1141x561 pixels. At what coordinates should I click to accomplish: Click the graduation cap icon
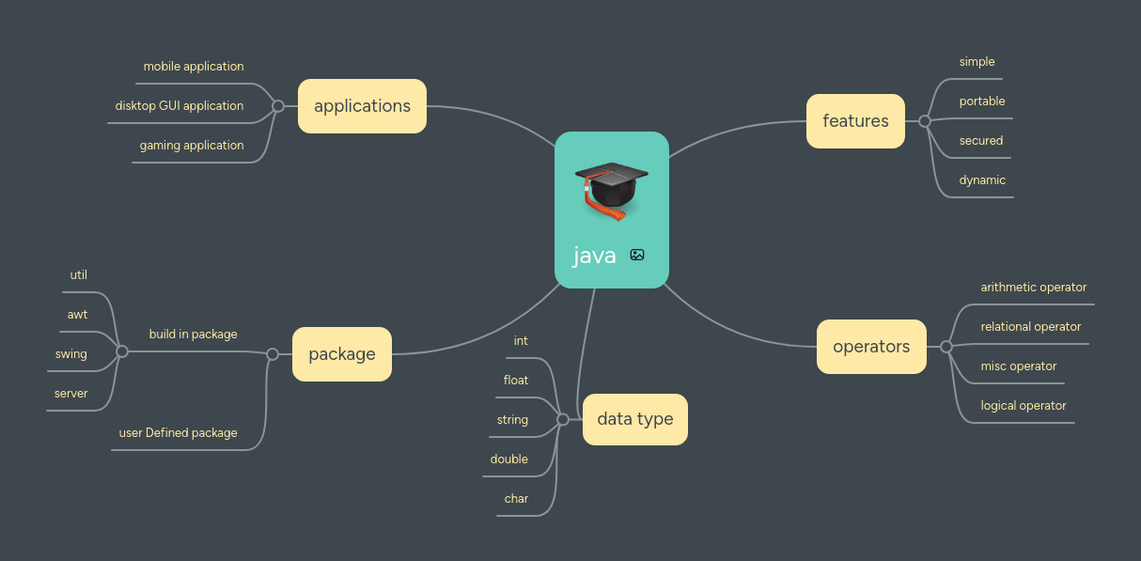pyautogui.click(x=611, y=189)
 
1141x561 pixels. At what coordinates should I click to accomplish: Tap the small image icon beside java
pyautogui.click(x=637, y=255)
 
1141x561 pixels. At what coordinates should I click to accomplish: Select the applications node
pyautogui.click(x=362, y=106)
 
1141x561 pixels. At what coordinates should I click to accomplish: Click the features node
pyautogui.click(x=855, y=121)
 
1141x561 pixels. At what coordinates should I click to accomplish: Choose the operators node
pyautogui.click(x=871, y=347)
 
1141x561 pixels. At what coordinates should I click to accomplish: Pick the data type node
pyautogui.click(x=635, y=419)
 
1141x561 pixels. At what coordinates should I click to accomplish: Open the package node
pyautogui.click(x=341, y=354)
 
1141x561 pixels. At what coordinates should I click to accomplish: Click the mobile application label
pyautogui.click(x=194, y=67)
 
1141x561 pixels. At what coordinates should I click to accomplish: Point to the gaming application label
pyautogui.click(x=192, y=146)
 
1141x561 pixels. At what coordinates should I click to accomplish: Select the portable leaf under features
pyautogui.click(x=982, y=101)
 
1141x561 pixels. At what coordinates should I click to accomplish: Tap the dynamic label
pyautogui.click(x=982, y=180)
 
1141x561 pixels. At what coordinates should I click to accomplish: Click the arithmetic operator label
pyautogui.click(x=1034, y=288)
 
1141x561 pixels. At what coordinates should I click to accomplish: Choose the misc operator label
pyautogui.click(x=1019, y=366)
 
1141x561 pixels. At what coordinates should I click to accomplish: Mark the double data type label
pyautogui.click(x=509, y=460)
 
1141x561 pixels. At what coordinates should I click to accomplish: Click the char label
pyautogui.click(x=516, y=499)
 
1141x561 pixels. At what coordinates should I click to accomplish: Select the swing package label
pyautogui.click(x=71, y=354)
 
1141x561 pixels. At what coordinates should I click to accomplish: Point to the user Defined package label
pyautogui.click(x=178, y=433)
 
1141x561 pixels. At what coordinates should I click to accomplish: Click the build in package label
pyautogui.click(x=193, y=335)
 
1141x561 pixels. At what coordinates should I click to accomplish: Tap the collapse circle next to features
pyautogui.click(x=925, y=121)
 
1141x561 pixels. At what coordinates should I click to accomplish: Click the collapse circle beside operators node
pyautogui.click(x=946, y=347)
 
